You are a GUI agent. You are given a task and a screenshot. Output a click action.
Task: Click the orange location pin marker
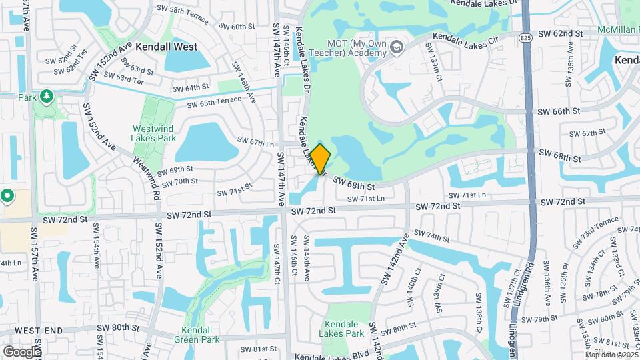click(320, 159)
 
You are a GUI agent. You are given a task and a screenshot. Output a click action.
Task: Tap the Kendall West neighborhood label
click(166, 47)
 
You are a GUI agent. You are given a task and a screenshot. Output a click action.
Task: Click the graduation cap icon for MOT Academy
click(397, 47)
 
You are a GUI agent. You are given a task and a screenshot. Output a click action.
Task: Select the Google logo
click(21, 351)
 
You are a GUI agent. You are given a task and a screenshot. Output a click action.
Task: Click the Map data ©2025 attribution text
click(611, 354)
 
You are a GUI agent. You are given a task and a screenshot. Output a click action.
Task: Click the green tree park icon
click(46, 97)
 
